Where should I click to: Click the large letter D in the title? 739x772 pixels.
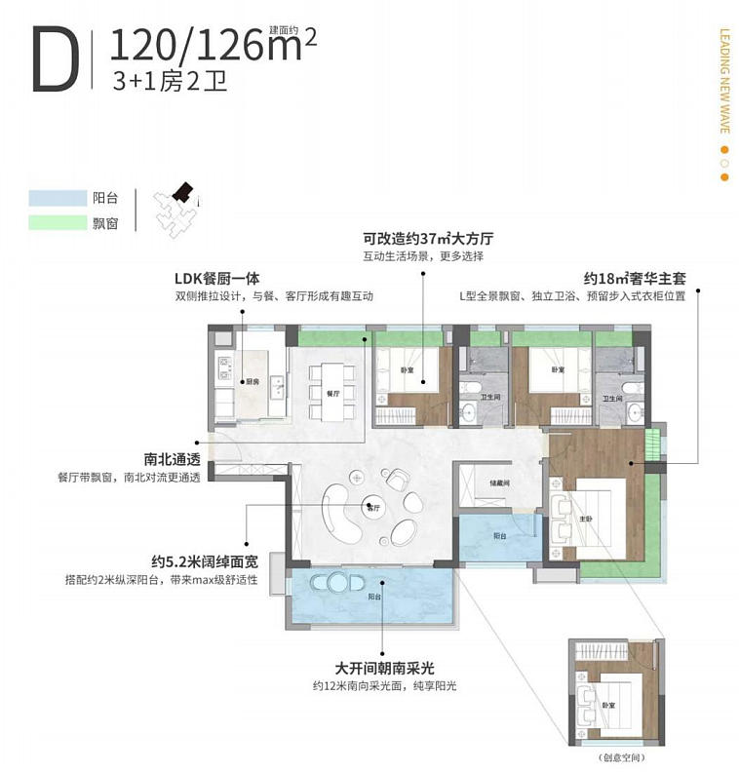click(x=55, y=59)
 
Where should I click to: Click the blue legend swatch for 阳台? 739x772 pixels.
click(x=58, y=197)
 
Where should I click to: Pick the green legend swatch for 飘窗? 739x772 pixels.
click(x=58, y=222)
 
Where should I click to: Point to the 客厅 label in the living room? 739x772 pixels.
click(x=372, y=507)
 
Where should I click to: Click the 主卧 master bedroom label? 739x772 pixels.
click(x=588, y=518)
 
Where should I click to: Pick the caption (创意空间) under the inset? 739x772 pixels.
click(x=616, y=756)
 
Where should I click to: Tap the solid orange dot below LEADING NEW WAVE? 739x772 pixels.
click(x=723, y=150)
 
